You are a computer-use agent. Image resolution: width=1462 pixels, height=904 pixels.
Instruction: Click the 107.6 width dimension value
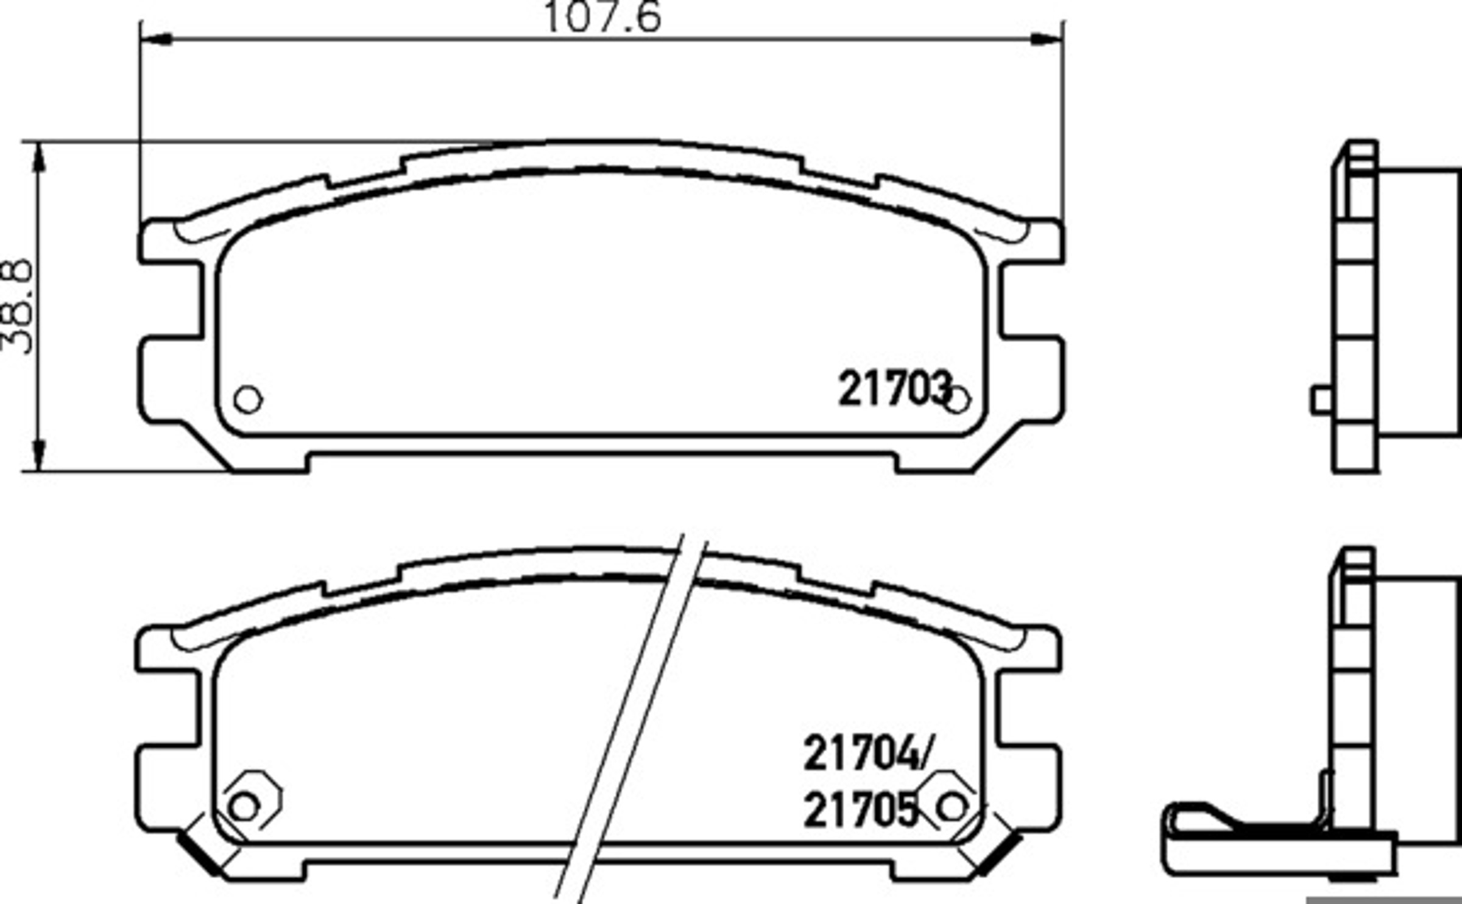[x=602, y=16]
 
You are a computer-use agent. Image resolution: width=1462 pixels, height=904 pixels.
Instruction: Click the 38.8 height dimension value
[x=16, y=306]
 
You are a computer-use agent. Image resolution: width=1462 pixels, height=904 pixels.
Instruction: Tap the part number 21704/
[x=867, y=754]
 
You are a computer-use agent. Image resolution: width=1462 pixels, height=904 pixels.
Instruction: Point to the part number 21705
[x=860, y=810]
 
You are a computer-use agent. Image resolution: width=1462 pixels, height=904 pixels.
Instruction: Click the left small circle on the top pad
[x=248, y=400]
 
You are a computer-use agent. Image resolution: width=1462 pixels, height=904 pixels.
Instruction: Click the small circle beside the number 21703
[x=957, y=400]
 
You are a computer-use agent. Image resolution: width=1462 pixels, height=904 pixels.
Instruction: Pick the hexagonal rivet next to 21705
[x=949, y=800]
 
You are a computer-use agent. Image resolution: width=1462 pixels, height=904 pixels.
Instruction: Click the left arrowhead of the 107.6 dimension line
[x=155, y=39]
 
